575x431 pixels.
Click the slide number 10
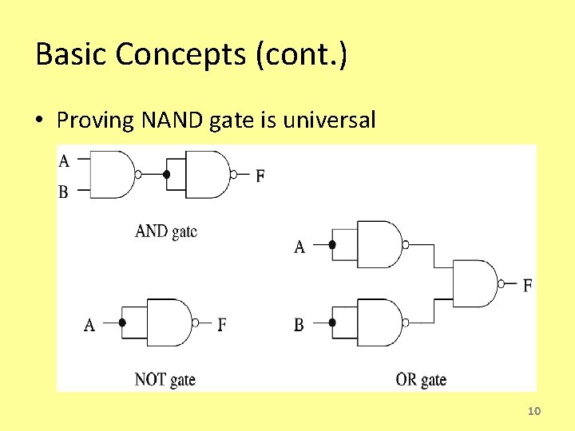click(x=534, y=411)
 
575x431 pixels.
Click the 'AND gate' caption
click(x=166, y=231)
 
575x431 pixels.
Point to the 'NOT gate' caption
click(x=165, y=379)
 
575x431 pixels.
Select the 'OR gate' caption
click(x=421, y=379)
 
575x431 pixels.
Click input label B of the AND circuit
click(x=64, y=192)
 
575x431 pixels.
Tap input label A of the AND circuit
click(x=64, y=161)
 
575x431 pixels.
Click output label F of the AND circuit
click(x=260, y=176)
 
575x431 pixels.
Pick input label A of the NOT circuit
click(x=89, y=325)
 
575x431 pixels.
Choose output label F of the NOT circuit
click(x=222, y=325)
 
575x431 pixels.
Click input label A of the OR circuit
click(x=299, y=247)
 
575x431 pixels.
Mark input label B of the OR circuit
click(x=299, y=325)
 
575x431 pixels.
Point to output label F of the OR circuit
click(x=527, y=285)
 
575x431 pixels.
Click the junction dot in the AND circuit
click(x=166, y=174)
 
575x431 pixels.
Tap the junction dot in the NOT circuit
click(x=122, y=322)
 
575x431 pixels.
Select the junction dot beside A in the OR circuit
click(x=333, y=245)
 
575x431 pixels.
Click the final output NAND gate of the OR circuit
click(x=474, y=283)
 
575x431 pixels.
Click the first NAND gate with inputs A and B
click(x=113, y=174)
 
